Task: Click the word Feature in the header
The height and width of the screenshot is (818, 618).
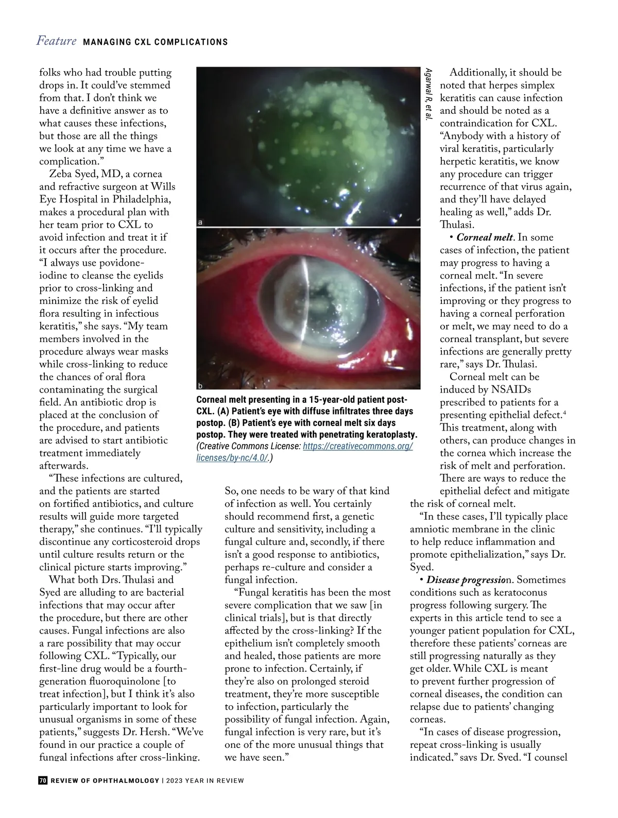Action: pos(56,41)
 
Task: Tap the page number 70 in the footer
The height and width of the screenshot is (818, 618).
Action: pos(43,780)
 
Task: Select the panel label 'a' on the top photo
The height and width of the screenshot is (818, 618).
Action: pos(200,223)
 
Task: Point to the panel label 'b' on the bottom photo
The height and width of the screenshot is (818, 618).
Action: pos(200,385)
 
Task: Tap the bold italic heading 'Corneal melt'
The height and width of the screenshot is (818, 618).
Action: pos(485,237)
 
